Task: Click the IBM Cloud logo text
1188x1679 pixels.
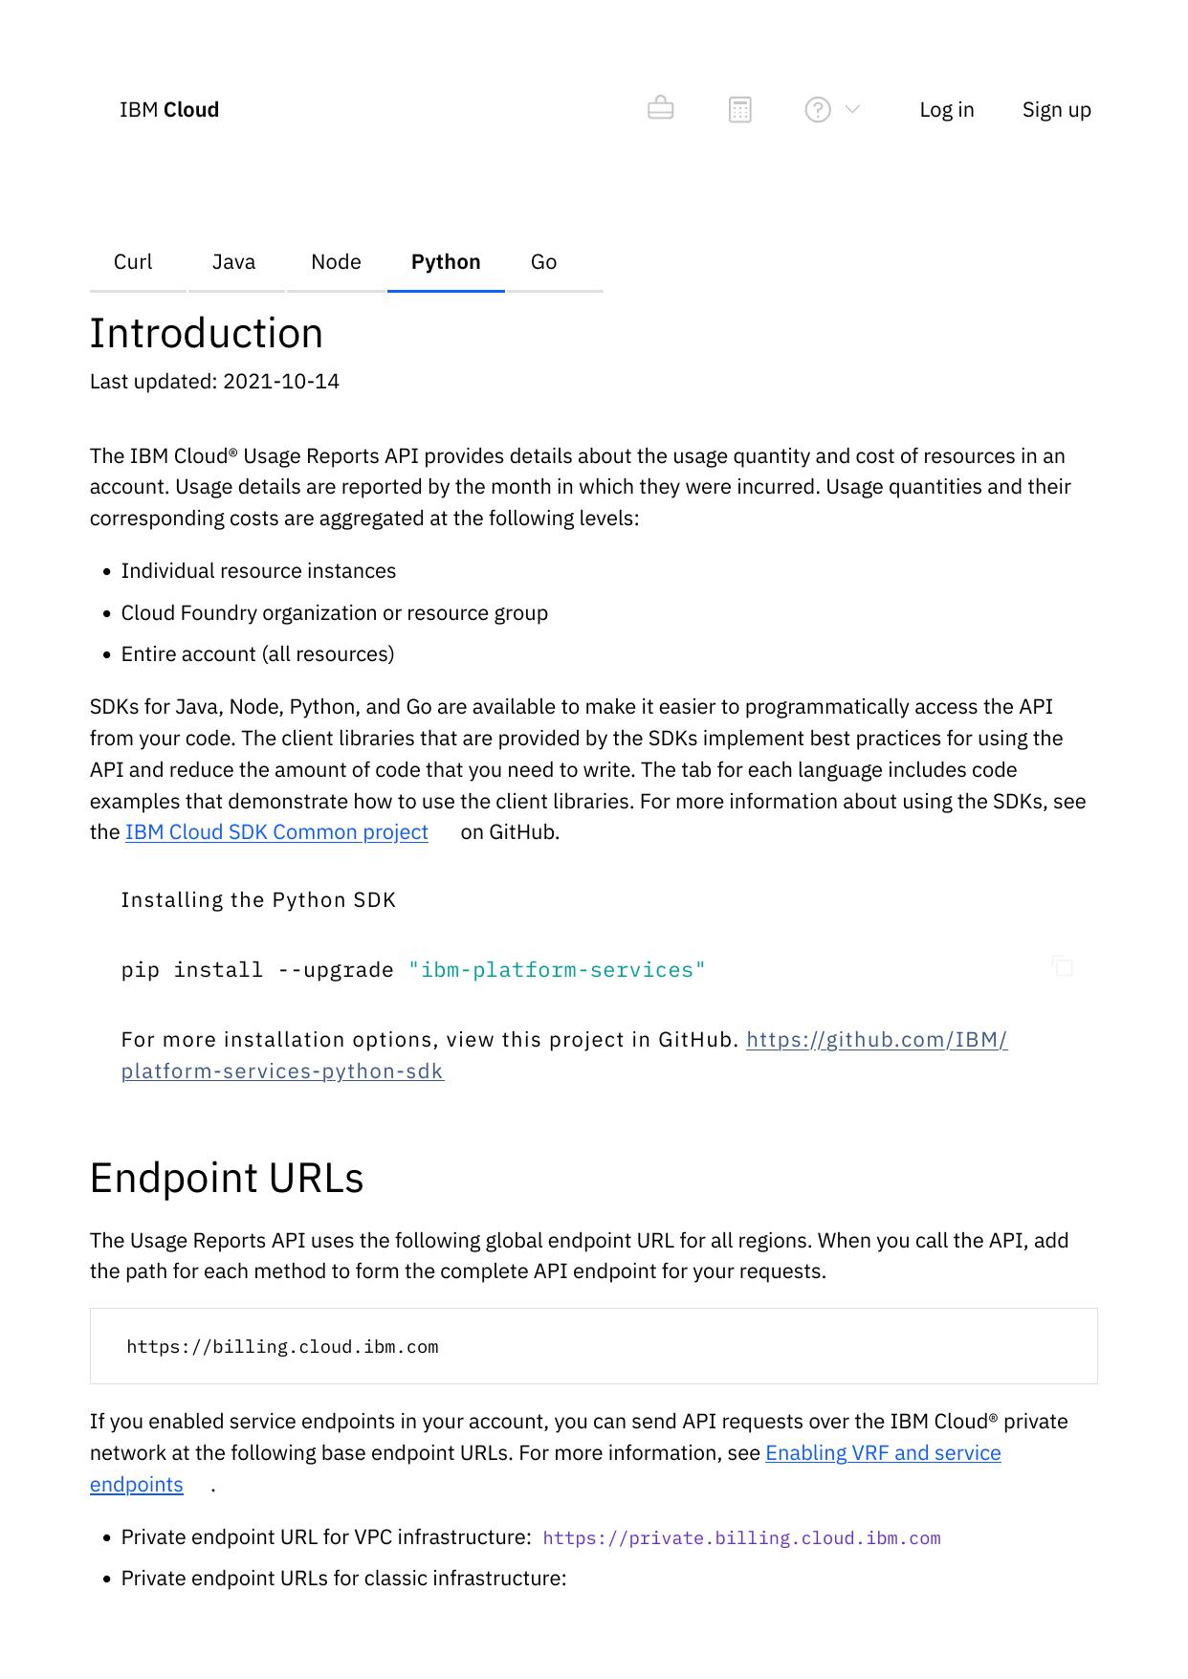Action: click(169, 110)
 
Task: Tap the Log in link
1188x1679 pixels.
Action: click(946, 110)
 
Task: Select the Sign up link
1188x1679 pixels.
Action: click(1056, 110)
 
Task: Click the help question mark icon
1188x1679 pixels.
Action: click(818, 110)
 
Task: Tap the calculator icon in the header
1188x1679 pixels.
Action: click(740, 110)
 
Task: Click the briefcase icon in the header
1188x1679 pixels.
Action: click(661, 108)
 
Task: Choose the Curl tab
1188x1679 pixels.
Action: click(133, 262)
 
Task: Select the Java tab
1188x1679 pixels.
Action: click(233, 262)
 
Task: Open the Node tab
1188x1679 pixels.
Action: click(336, 262)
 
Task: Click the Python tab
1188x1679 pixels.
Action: click(446, 262)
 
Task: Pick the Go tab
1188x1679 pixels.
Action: click(543, 262)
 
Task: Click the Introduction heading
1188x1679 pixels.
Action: click(207, 334)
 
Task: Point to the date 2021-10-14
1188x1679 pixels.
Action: click(281, 382)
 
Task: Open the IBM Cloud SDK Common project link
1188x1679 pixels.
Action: click(276, 832)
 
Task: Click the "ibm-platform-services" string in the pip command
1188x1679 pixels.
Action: click(557, 970)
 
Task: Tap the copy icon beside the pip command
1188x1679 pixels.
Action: click(1062, 966)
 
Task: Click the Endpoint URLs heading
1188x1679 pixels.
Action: click(227, 1178)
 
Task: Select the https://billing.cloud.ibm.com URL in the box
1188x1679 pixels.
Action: click(282, 1347)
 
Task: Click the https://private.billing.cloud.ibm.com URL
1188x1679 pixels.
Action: click(741, 1538)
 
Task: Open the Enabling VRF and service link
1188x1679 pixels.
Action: click(883, 1453)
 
